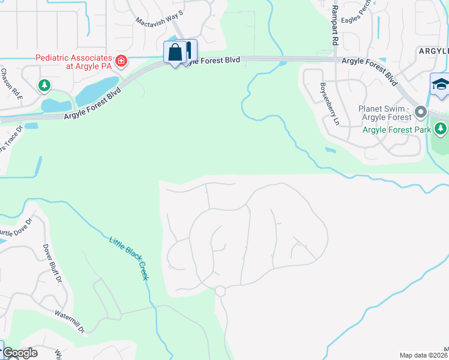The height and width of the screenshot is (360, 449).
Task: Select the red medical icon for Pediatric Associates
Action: [x=121, y=61]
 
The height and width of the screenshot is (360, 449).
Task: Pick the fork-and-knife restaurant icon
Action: [x=188, y=50]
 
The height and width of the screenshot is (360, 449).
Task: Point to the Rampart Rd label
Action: [x=335, y=24]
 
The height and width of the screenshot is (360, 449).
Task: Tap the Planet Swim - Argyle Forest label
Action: [x=385, y=113]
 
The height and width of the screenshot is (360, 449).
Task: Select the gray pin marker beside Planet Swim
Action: [x=420, y=112]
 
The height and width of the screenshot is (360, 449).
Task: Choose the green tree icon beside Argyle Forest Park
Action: [x=441, y=128]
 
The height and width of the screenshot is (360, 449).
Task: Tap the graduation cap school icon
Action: [x=440, y=85]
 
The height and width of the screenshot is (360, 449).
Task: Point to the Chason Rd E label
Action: [x=11, y=84]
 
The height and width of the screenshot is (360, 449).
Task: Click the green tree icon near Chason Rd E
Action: [x=44, y=86]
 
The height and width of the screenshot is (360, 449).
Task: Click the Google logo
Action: [x=20, y=353]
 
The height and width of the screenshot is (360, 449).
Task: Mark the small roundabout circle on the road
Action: [x=220, y=291]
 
